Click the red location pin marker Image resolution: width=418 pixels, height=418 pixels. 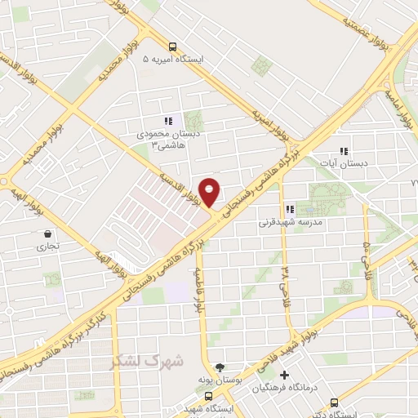click(210, 192)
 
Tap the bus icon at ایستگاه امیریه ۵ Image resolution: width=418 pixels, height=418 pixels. click(172, 47)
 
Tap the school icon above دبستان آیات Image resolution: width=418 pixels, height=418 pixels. click(344, 151)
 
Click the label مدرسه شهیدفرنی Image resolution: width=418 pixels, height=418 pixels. click(291, 222)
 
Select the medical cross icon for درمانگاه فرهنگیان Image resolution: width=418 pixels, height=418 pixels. click(285, 375)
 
